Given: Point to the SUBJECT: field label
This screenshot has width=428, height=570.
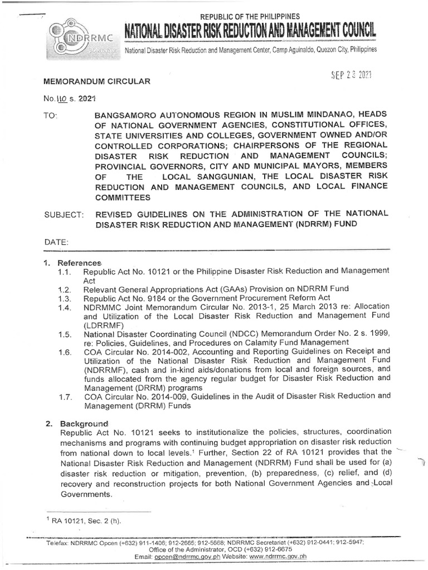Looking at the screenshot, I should (x=63, y=214).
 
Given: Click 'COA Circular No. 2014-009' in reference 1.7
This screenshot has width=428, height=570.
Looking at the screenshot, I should (x=132, y=396).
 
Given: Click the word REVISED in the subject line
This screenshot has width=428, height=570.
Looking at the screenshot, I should (x=115, y=214).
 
